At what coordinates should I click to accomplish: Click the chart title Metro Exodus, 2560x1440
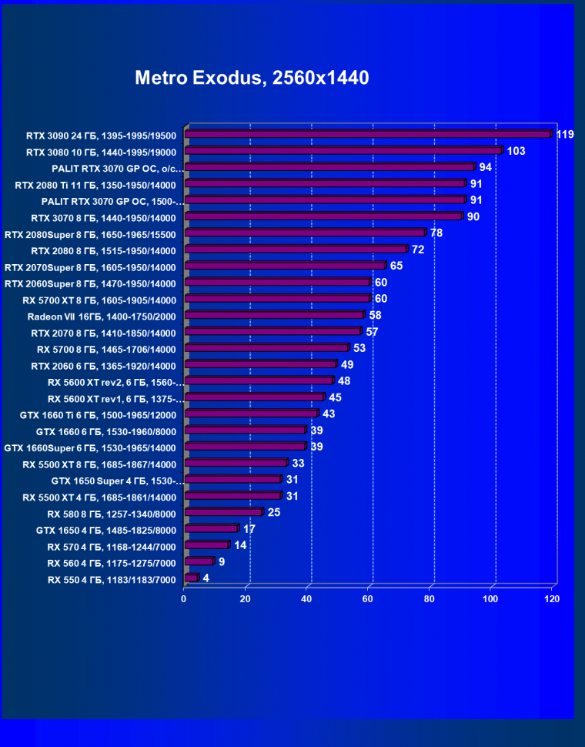(252, 78)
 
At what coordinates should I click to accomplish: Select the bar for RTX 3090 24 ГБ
(368, 134)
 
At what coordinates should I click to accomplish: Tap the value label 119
(565, 135)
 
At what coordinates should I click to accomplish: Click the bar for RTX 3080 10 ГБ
(343, 151)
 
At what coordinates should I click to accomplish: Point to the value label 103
(516, 151)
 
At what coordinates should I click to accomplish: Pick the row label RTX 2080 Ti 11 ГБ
(95, 185)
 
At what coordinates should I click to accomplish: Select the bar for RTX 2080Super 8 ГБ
(305, 233)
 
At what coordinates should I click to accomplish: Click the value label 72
(418, 250)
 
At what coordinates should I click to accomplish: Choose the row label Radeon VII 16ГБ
(102, 317)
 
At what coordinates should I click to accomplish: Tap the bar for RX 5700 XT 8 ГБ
(277, 299)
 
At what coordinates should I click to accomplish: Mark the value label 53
(359, 348)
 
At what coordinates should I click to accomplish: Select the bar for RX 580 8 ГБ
(223, 512)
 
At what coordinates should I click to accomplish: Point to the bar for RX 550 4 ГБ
(191, 578)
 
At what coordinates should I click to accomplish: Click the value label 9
(222, 561)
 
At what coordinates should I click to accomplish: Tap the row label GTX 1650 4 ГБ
(106, 530)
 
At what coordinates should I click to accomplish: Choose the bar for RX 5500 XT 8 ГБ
(236, 463)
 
